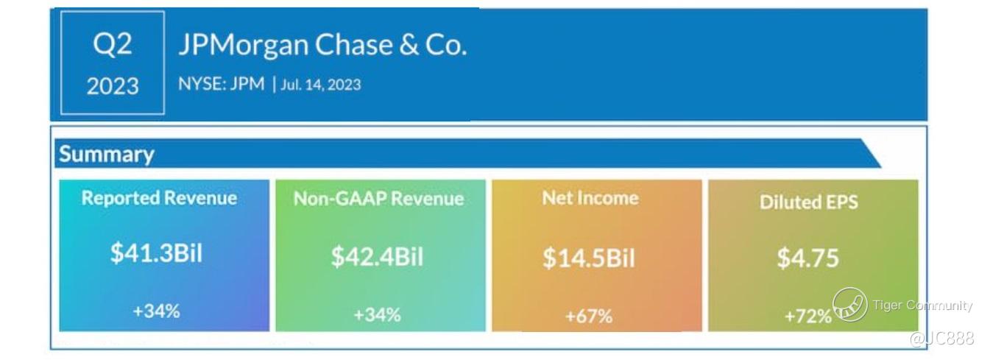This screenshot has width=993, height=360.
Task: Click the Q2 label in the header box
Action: (x=112, y=46)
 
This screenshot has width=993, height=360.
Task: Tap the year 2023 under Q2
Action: (x=112, y=86)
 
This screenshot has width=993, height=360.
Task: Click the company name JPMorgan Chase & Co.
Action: (x=322, y=46)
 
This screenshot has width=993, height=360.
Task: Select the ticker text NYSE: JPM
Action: (x=221, y=84)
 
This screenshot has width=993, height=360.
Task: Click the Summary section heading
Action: (x=107, y=155)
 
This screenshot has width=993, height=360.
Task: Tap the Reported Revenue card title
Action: (x=159, y=198)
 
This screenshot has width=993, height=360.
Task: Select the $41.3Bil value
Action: (x=156, y=253)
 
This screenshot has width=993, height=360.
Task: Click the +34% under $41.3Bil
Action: (x=156, y=311)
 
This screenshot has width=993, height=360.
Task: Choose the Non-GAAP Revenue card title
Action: (x=378, y=199)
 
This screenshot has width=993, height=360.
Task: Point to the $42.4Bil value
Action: (x=377, y=257)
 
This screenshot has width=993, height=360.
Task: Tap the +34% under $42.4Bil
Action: (x=377, y=315)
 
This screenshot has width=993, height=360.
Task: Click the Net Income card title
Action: (x=590, y=198)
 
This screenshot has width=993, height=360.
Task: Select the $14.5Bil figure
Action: (x=588, y=258)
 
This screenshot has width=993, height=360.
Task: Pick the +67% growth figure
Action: (x=588, y=317)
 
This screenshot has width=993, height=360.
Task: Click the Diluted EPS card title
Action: (x=808, y=202)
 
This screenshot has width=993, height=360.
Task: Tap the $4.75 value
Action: (x=808, y=258)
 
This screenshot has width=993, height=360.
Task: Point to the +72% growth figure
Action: (x=808, y=317)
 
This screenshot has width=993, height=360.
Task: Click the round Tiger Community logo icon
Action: (x=849, y=305)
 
